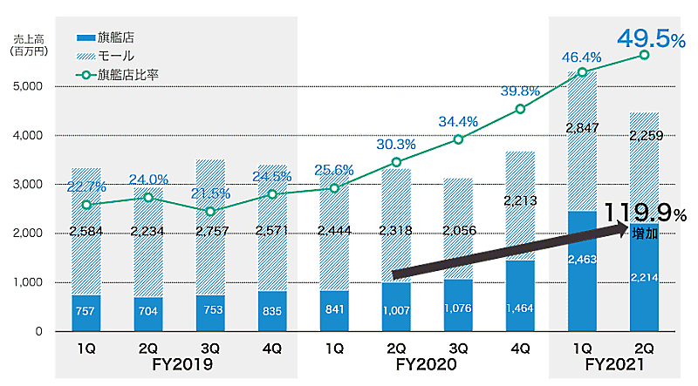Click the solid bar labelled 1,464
point(520,296)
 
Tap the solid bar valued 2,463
point(581,271)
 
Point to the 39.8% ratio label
point(521,91)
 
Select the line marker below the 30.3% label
point(396,162)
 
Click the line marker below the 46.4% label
point(582,71)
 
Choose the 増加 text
point(647,234)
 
